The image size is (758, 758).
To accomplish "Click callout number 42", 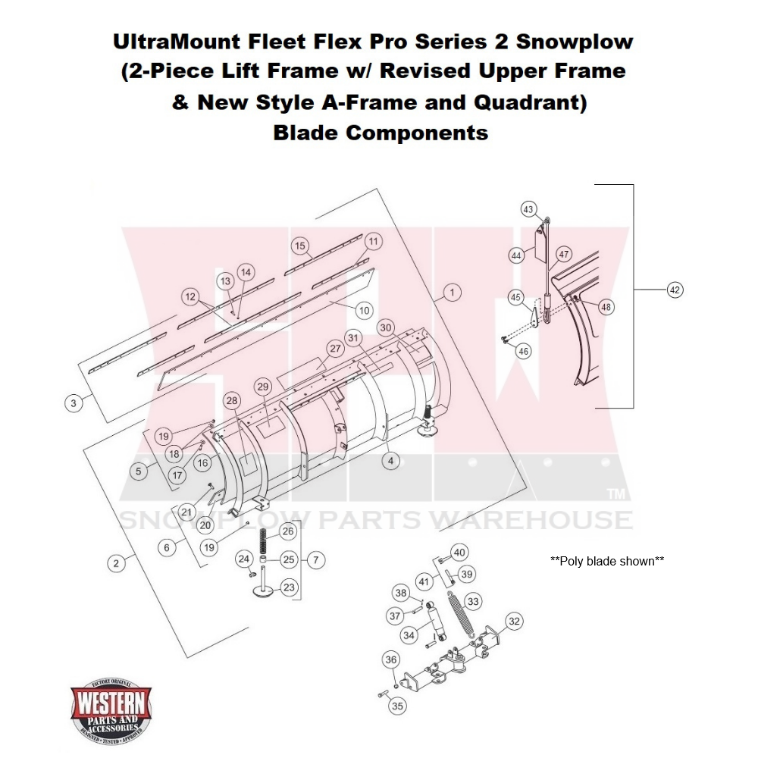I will (675, 289).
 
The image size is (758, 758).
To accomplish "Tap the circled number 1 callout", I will (451, 292).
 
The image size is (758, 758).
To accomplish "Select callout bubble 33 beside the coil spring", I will (473, 602).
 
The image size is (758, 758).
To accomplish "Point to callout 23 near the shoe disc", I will (289, 587).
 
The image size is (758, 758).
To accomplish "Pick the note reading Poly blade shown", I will (607, 561).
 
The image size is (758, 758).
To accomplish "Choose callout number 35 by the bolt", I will (397, 706).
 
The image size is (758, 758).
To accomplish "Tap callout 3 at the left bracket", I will (73, 403).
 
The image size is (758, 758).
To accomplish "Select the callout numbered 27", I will (334, 349).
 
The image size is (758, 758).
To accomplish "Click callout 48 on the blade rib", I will (606, 307).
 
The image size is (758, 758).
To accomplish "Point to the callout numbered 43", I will (528, 209).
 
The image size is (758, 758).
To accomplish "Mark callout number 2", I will (115, 563).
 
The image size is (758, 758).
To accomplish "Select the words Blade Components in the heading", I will (380, 133).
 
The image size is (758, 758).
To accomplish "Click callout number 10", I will (364, 309).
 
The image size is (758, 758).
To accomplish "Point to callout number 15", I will (300, 246).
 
